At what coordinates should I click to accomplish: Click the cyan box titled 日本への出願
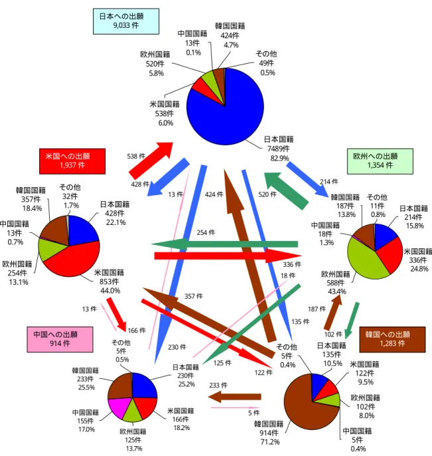pos(126,21)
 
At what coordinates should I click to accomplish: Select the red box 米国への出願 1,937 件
pos(72,161)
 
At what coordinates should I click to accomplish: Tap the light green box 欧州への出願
pos(380,161)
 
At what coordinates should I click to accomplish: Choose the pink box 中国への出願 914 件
pos(60,339)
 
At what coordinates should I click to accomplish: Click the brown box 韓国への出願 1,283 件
pos(392,339)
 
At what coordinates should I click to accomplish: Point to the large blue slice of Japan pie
pos(230,116)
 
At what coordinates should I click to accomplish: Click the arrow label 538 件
pos(136,157)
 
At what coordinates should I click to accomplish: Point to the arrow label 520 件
pos(267,194)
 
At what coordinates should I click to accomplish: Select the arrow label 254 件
pos(206,233)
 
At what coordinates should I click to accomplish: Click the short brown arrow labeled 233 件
pos(235,397)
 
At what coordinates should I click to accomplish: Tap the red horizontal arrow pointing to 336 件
pos(228,256)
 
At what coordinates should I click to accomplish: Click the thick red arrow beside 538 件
pos(151,161)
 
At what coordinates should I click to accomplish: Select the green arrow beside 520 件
pos(286,190)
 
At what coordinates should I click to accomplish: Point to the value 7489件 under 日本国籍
pos(279,149)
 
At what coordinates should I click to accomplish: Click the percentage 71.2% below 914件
pos(270,442)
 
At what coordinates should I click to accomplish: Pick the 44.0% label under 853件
pos(110,291)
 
